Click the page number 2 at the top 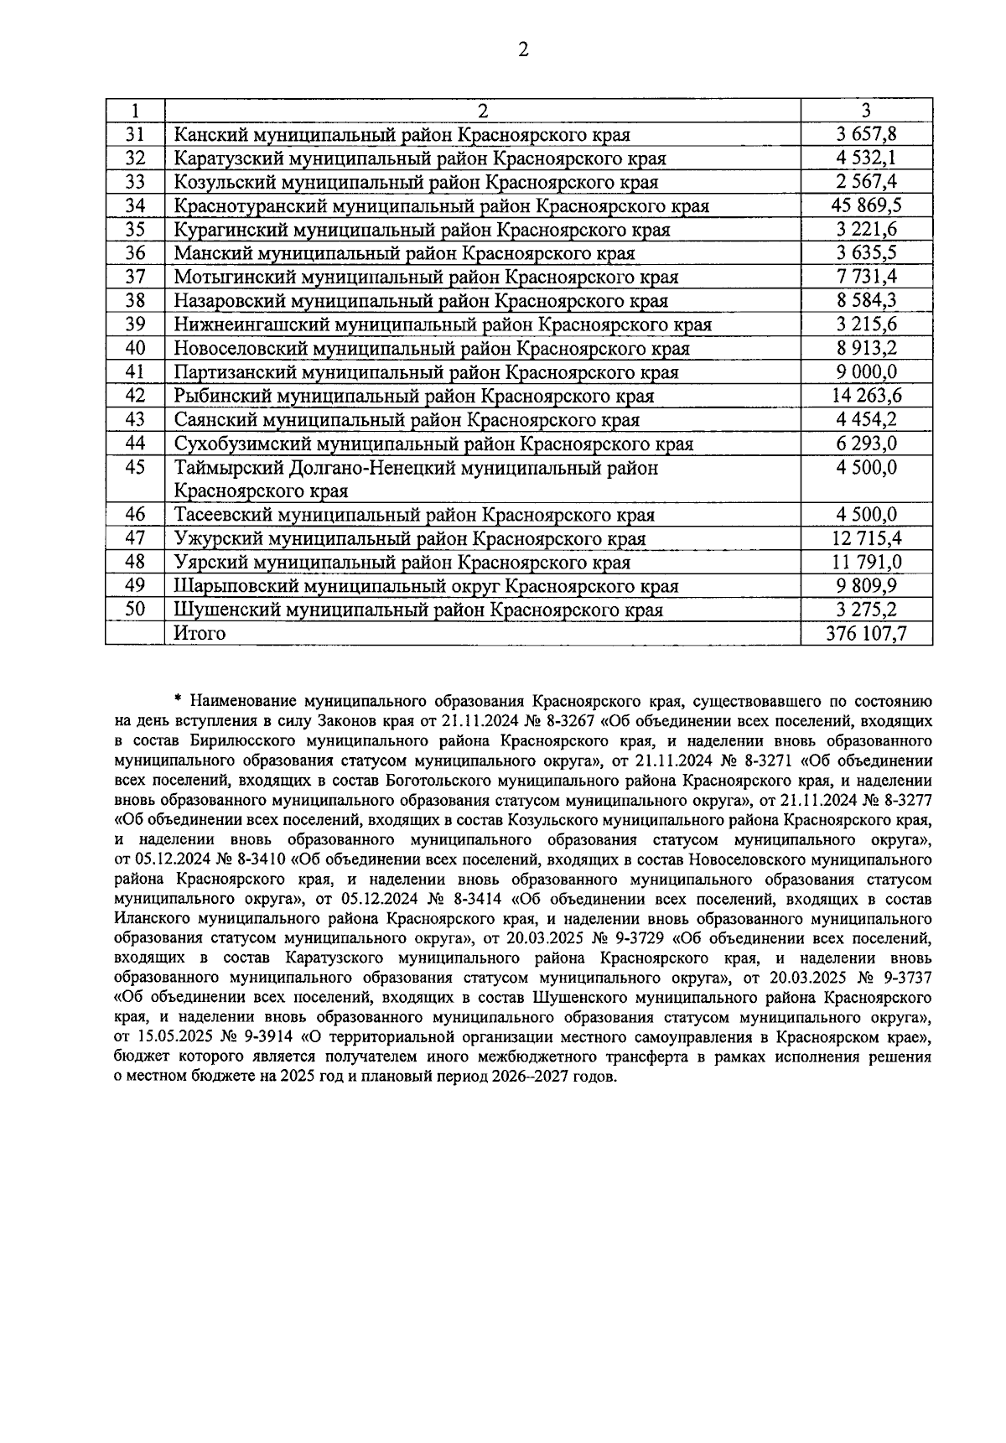523,50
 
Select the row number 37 135,277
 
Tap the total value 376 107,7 866,633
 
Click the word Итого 200,633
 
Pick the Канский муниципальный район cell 402,135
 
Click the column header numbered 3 866,111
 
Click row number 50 135,610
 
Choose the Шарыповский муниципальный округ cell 426,586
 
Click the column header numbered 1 135,111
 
